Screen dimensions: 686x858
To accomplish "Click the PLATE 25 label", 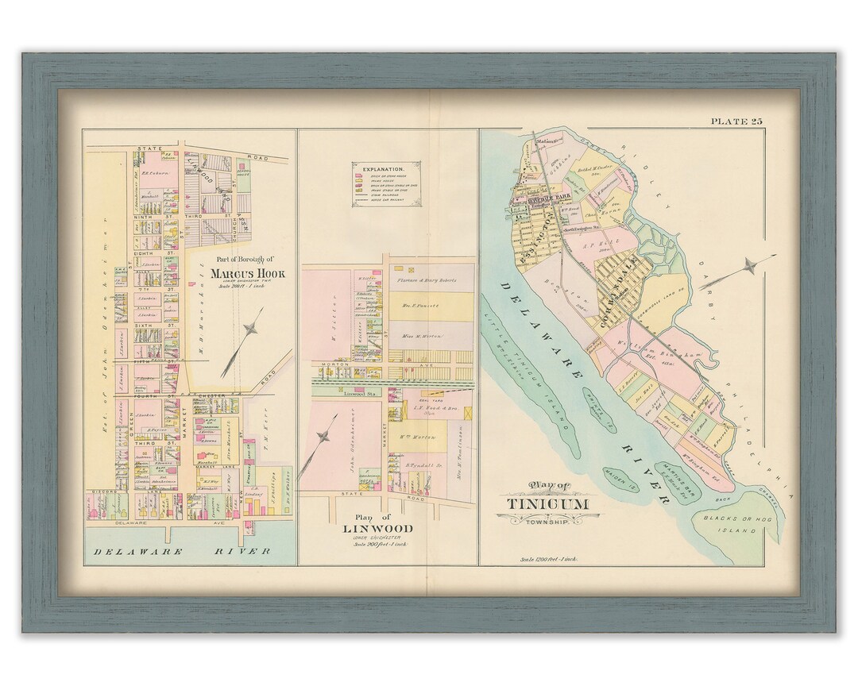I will (x=736, y=121).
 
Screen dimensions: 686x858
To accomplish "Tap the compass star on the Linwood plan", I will (x=324, y=437).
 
